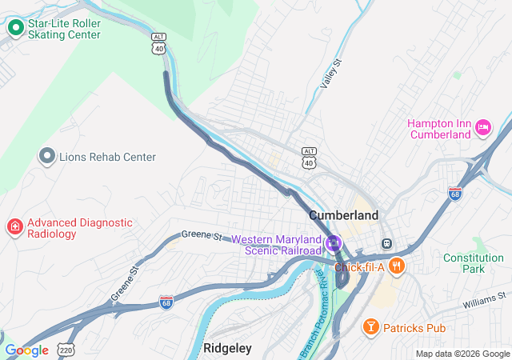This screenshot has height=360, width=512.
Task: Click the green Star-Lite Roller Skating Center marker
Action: pyautogui.click(x=15, y=29)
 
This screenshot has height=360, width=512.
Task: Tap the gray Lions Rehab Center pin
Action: pyautogui.click(x=48, y=157)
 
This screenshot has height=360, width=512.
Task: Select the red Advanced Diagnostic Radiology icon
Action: pyautogui.click(x=14, y=228)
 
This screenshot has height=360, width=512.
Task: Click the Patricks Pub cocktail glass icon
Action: pyautogui.click(x=370, y=327)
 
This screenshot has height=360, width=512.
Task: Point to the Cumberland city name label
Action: pyautogui.click(x=343, y=216)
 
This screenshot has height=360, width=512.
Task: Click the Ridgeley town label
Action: pyautogui.click(x=227, y=348)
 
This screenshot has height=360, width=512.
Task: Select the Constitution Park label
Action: pyautogui.click(x=474, y=263)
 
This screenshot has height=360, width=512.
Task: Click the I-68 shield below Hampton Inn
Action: pyautogui.click(x=454, y=194)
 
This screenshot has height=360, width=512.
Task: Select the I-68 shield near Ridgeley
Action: pyautogui.click(x=166, y=301)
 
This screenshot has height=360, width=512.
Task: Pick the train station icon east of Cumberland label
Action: pyautogui.click(x=387, y=243)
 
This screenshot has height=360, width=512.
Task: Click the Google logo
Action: pyautogui.click(x=26, y=350)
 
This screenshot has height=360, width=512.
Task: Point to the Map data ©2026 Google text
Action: pyautogui.click(x=462, y=354)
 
